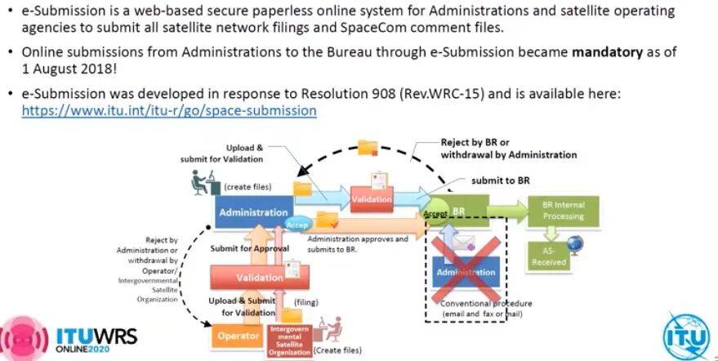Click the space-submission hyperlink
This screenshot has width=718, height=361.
pyautogui.click(x=169, y=109)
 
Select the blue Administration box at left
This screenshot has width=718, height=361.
pyautogui.click(x=253, y=212)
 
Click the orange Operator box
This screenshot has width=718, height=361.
pyautogui.click(x=238, y=336)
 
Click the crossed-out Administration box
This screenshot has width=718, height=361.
pyautogui.click(x=466, y=272)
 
